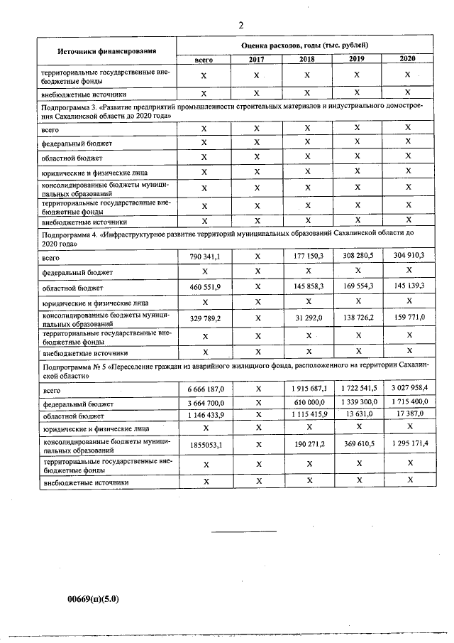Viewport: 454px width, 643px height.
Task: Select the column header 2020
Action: (x=408, y=59)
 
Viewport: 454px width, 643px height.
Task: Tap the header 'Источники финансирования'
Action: (x=107, y=51)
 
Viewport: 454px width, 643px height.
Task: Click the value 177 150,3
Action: (x=308, y=256)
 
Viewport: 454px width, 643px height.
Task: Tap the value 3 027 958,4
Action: (x=407, y=389)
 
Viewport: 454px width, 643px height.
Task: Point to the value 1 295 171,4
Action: (x=407, y=444)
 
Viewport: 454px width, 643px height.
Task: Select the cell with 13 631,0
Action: (x=358, y=415)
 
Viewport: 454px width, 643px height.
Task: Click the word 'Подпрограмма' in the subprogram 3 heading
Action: (x=65, y=106)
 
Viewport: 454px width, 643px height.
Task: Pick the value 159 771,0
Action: (x=407, y=318)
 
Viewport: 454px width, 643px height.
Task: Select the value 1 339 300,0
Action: (x=358, y=403)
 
